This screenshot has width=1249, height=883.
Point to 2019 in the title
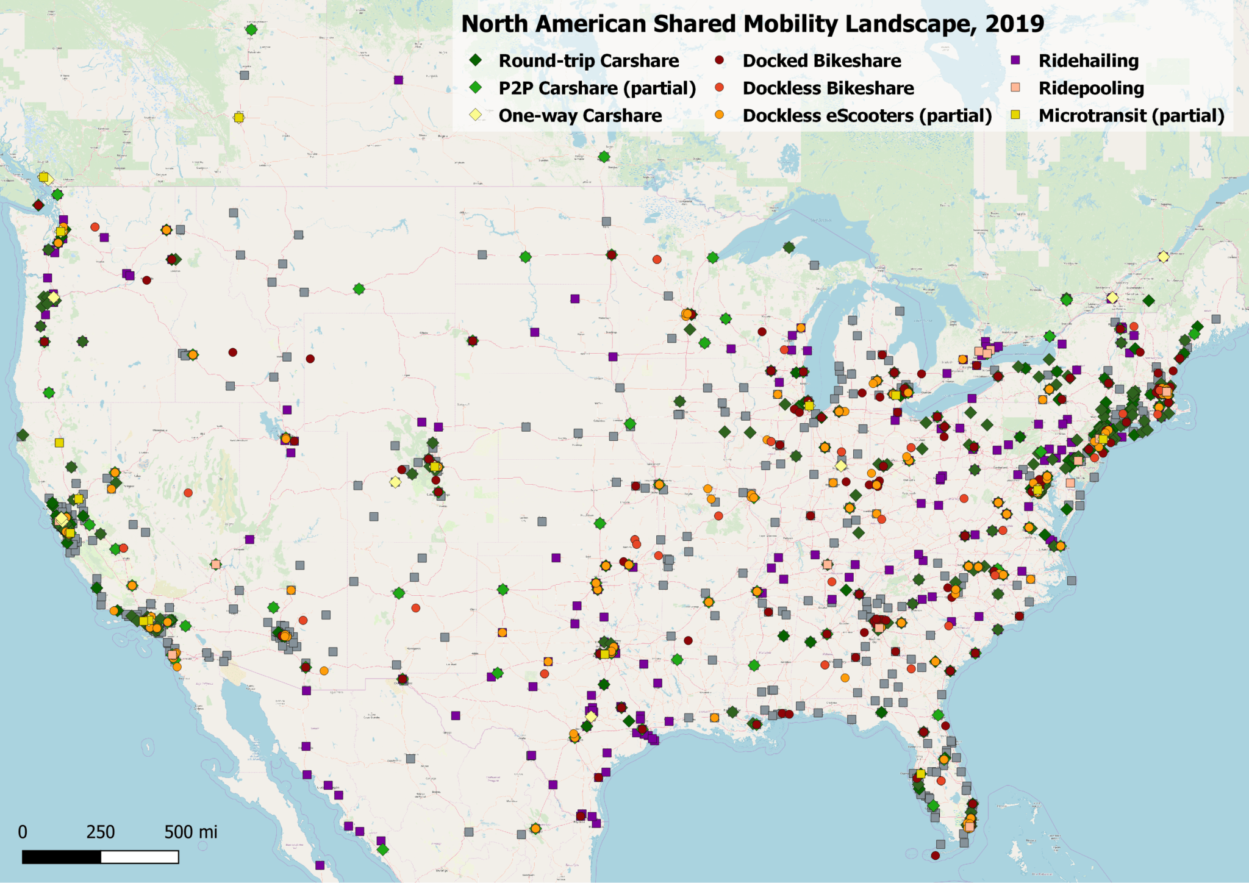(x=1014, y=24)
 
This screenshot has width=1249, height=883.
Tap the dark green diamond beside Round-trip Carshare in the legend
(x=476, y=60)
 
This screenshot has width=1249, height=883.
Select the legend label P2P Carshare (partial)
(x=597, y=88)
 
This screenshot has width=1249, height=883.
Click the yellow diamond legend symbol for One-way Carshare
(x=476, y=115)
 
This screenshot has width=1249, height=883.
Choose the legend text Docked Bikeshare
(x=821, y=61)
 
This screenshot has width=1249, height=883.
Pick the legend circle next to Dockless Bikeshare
(x=720, y=88)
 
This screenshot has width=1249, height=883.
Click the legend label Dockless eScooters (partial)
(x=867, y=116)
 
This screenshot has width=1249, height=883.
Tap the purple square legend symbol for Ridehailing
(x=1015, y=60)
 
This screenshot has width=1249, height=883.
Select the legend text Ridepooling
(x=1091, y=88)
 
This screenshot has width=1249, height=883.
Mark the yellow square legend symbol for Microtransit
(x=1015, y=115)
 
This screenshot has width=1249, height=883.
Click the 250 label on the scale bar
(x=101, y=832)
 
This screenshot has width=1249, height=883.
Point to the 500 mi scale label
(x=190, y=832)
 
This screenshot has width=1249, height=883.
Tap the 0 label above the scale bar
(x=23, y=832)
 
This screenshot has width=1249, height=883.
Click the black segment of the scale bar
(x=62, y=857)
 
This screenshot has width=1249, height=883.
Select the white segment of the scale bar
(x=140, y=857)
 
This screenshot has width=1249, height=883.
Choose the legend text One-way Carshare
(x=580, y=116)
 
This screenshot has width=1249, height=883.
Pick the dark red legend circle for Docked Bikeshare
(x=720, y=60)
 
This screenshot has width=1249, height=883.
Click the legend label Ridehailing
(x=1089, y=61)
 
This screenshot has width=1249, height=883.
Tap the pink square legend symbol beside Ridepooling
(x=1015, y=88)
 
